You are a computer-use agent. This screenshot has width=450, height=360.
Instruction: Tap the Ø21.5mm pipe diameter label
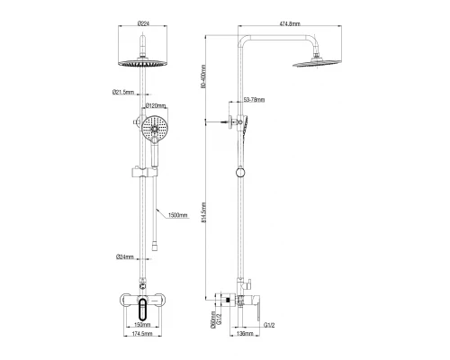(x=123, y=92)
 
